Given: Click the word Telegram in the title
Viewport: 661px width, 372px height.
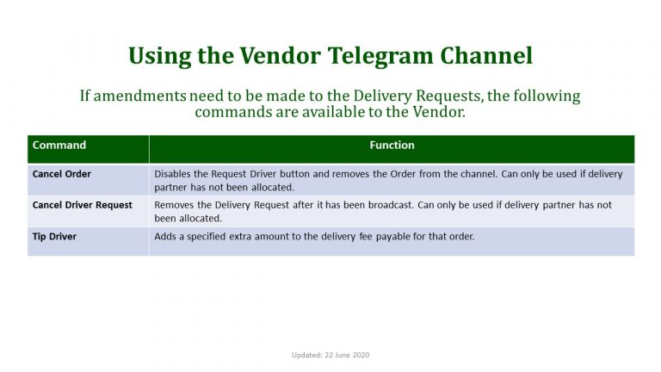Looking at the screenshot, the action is pos(380,57).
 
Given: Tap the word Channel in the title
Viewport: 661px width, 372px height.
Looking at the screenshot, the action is pos(486,55).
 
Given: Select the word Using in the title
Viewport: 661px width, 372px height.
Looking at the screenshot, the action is pos(160,57).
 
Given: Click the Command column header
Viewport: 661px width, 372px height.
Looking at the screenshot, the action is pos(59,145).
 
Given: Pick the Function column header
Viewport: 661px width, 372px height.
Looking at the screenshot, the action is pos(392,145).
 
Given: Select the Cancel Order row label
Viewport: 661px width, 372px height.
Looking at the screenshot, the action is pos(62,174).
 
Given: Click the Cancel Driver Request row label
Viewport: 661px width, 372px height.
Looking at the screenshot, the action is pos(83,205).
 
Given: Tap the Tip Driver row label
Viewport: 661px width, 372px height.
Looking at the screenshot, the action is pos(54,236).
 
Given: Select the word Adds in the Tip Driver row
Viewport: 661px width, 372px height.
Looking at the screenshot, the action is pos(165,236).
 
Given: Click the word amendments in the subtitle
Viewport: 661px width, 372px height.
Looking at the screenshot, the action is pos(139,96).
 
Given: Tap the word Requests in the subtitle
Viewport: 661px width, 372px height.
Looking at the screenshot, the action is pos(448,96).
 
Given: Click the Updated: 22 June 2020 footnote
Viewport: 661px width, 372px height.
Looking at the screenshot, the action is pos(330,355).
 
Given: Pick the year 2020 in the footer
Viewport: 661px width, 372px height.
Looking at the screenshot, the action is pos(361,355).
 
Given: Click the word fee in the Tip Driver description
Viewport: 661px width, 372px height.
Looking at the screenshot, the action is pos(366,236).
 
